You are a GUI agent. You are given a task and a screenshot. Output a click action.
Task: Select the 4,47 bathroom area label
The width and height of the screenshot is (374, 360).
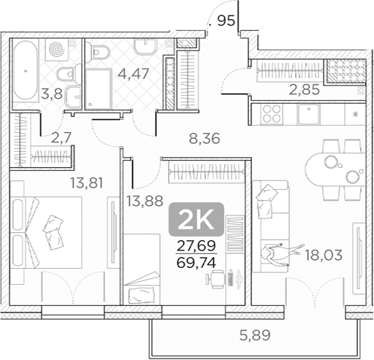(x=130, y=73)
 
